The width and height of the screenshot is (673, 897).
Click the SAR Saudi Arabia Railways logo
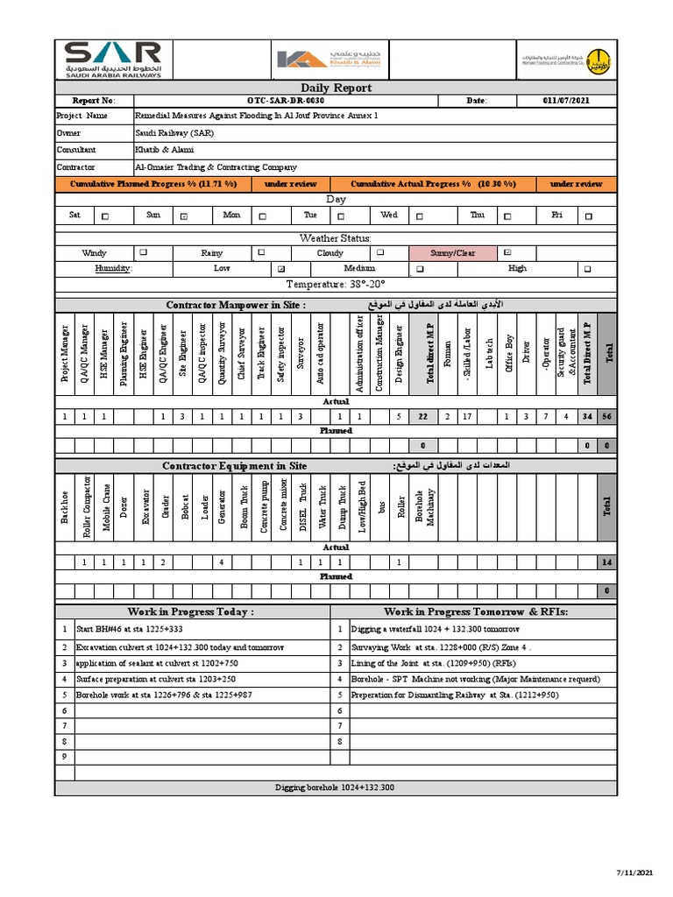click(112, 60)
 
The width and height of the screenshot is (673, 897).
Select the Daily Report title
click(336, 88)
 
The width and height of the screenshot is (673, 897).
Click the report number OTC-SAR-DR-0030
click(278, 102)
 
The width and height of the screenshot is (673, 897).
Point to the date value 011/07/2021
click(566, 102)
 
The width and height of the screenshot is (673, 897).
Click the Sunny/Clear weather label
click(453, 253)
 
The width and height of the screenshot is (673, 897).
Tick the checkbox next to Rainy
click(261, 253)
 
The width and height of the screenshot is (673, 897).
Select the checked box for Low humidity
click(280, 269)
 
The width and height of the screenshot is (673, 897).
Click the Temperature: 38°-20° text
click(336, 285)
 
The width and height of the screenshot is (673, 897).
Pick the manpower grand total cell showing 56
click(606, 417)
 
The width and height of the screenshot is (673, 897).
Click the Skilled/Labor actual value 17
click(467, 417)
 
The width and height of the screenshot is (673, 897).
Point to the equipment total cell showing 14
click(606, 562)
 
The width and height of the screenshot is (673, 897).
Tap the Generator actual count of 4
click(223, 562)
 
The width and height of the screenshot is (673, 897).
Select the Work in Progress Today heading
click(191, 611)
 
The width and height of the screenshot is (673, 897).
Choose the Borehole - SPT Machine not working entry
click(475, 679)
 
